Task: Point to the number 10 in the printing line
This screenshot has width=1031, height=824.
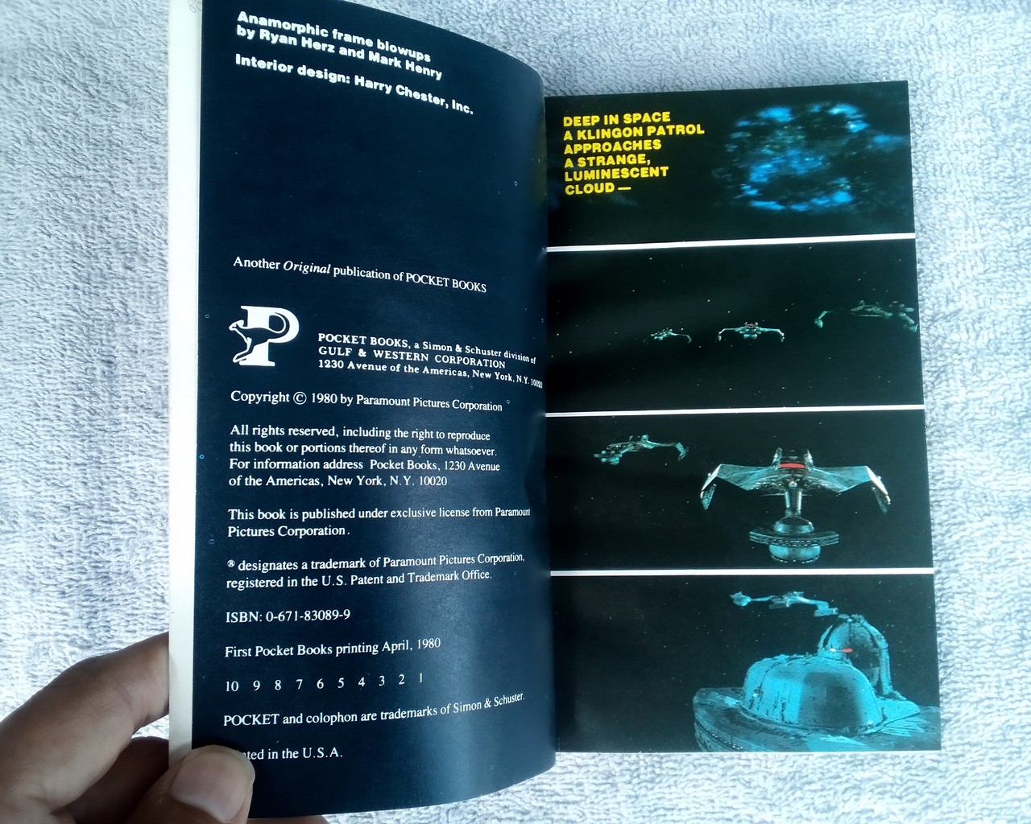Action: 233,686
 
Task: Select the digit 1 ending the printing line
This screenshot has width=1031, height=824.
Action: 420,678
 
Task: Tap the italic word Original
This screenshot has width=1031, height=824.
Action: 306,267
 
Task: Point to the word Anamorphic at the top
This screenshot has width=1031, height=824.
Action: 273,23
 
